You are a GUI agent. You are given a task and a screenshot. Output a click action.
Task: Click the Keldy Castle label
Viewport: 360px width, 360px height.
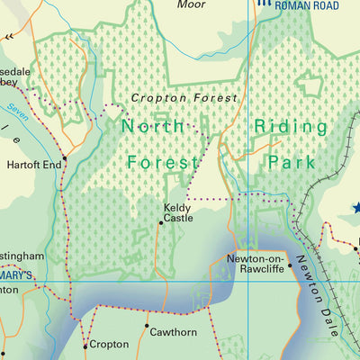point(177,212)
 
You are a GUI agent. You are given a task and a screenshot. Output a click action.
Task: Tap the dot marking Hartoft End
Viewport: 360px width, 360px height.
point(64,158)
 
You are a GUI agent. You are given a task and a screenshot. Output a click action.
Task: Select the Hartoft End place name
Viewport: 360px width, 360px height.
point(33,165)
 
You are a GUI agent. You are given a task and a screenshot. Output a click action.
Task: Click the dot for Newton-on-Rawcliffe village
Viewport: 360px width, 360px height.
point(289,265)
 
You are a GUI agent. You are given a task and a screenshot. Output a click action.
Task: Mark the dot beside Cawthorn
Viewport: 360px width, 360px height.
point(147,325)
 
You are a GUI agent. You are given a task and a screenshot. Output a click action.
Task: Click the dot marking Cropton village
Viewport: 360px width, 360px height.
point(85,345)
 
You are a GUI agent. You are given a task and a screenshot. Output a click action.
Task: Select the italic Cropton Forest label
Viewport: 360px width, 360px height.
point(184,97)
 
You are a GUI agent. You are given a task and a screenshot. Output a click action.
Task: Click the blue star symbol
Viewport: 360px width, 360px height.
point(355,208)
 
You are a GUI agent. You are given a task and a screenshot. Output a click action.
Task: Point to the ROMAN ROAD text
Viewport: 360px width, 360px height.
point(310,5)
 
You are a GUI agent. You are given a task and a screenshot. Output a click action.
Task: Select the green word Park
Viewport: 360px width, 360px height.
point(291,162)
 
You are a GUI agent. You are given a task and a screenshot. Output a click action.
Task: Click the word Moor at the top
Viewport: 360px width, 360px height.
point(191,4)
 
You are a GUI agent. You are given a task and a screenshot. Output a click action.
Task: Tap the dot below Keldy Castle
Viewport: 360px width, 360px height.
point(161,225)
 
